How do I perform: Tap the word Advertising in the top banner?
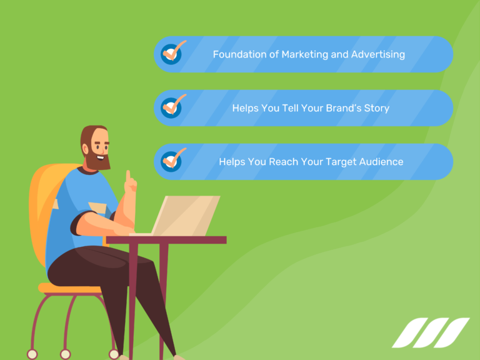pos(377,54)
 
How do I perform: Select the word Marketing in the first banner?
pos(305,54)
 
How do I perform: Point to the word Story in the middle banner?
pos(376,108)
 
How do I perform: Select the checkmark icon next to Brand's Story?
pos(172,106)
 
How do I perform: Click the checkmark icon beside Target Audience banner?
pos(172,160)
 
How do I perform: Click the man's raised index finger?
pos(128,176)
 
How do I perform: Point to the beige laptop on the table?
pos(187,215)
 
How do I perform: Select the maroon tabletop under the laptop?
pos(166,239)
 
